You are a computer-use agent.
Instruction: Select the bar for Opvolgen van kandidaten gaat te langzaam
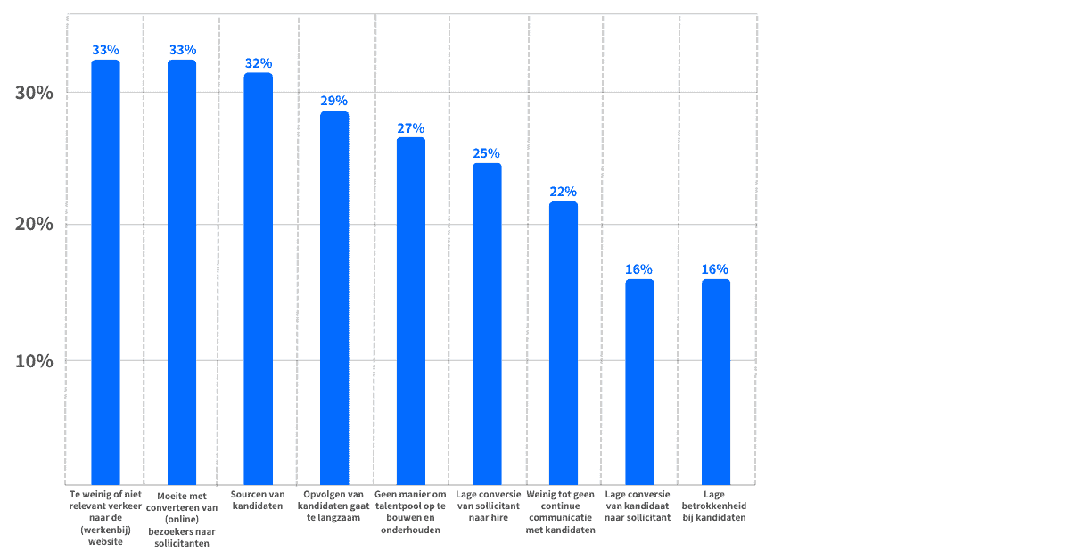pyautogui.click(x=334, y=298)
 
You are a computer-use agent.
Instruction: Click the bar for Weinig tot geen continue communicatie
pyautogui.click(x=563, y=343)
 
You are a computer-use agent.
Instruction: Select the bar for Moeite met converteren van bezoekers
pyautogui.click(x=182, y=272)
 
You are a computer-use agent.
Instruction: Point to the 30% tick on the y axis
pyautogui.click(x=35, y=93)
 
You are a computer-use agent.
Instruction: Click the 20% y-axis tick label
pyautogui.click(x=35, y=224)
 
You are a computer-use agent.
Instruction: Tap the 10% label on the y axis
pyautogui.click(x=35, y=361)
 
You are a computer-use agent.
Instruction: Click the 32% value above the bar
pyautogui.click(x=258, y=63)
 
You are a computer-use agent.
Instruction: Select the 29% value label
pyautogui.click(x=334, y=101)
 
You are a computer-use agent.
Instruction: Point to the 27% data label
pyautogui.click(x=410, y=127)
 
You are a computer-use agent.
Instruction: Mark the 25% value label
pyautogui.click(x=487, y=153)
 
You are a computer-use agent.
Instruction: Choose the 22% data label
pyautogui.click(x=563, y=192)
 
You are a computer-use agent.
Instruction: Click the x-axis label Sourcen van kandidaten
pyautogui.click(x=258, y=500)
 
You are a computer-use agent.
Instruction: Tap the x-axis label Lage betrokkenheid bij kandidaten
pyautogui.click(x=715, y=506)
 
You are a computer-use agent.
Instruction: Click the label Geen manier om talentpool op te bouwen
pyautogui.click(x=410, y=511)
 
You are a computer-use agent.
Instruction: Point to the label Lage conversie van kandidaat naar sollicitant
pyautogui.click(x=638, y=506)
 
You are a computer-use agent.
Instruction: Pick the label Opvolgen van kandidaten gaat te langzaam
pyautogui.click(x=334, y=506)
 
